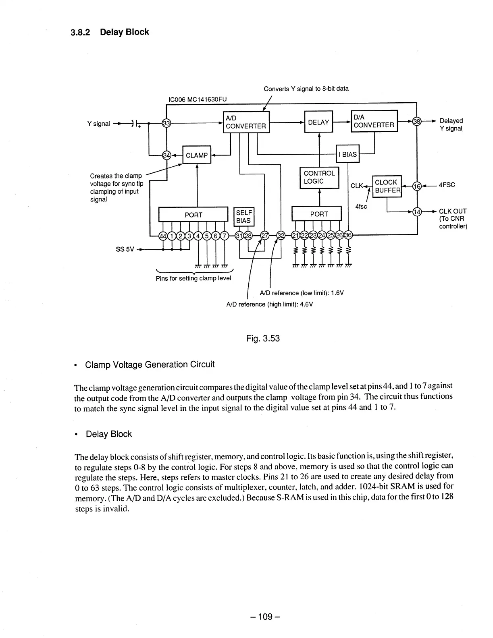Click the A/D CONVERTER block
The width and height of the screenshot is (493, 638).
tap(245, 122)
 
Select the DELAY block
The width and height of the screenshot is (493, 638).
tap(318, 122)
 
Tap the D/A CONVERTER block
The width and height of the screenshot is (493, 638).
tap(374, 121)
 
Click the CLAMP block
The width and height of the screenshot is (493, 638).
tap(197, 155)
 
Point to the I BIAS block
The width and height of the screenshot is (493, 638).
tap(347, 154)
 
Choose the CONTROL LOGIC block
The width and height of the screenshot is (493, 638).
tap(319, 177)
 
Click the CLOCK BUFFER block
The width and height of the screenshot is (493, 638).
tap(387, 186)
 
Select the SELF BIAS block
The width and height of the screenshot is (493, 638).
tap(243, 217)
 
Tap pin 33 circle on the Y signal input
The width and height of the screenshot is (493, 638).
tap(166, 123)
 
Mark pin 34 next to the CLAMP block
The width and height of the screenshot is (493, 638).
tap(166, 155)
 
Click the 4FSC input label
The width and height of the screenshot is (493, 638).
tap(447, 185)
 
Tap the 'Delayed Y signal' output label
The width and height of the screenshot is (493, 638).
tap(451, 124)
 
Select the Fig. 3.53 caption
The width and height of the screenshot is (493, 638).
tap(263, 338)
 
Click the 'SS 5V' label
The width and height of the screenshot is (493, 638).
tap(125, 249)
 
